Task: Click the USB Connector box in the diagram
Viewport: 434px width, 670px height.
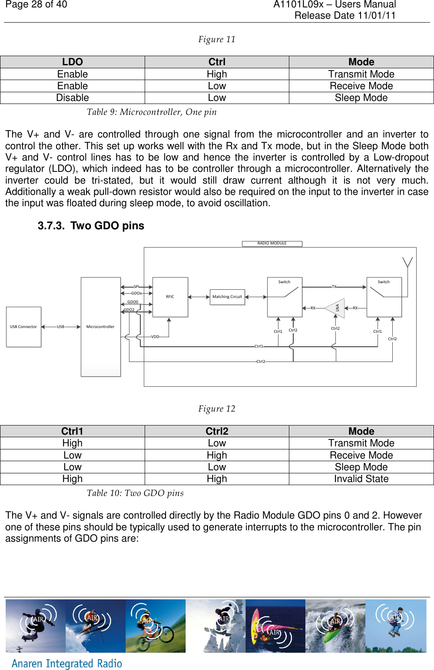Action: point(23,327)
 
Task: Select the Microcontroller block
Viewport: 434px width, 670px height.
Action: point(100,327)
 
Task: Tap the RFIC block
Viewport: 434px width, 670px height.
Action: point(170,297)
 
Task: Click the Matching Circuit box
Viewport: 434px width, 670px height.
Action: point(227,297)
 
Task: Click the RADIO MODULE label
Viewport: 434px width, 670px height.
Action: point(272,244)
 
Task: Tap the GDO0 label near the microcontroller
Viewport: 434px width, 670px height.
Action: point(133,302)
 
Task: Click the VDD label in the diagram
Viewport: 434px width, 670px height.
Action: point(155,337)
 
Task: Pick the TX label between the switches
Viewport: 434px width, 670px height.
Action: point(334,287)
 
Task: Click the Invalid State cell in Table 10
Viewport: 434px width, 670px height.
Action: point(361,479)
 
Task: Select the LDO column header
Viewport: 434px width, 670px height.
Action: point(73,62)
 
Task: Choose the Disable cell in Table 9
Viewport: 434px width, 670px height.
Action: point(73,98)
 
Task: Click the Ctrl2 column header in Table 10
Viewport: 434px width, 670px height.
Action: point(217,431)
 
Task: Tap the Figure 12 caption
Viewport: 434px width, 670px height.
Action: point(217,409)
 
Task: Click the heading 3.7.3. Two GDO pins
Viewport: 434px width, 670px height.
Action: point(91,226)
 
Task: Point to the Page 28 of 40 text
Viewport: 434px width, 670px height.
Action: point(36,5)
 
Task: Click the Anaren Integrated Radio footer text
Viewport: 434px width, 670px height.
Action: point(67,663)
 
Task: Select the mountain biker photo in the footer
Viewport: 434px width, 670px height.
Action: point(156,626)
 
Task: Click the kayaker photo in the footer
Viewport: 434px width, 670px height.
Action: point(335,626)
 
